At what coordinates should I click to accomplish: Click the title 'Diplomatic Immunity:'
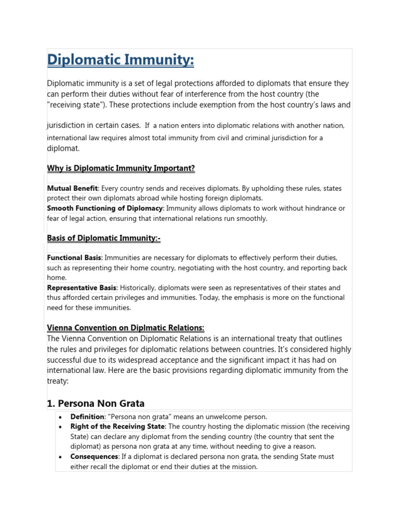pyautogui.click(x=121, y=60)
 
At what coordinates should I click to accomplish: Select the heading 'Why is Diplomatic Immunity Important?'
pyautogui.click(x=121, y=168)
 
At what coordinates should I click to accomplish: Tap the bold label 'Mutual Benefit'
pyautogui.click(x=72, y=188)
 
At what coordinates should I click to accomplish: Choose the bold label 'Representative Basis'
pyautogui.click(x=82, y=288)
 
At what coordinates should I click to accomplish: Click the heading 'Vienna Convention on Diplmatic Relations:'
pyautogui.click(x=126, y=328)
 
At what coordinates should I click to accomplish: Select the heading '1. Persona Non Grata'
pyautogui.click(x=96, y=403)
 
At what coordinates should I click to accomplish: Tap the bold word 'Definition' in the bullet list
pyautogui.click(x=87, y=417)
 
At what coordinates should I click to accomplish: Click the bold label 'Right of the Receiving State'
pyautogui.click(x=117, y=427)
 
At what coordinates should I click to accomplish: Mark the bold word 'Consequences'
pyautogui.click(x=94, y=457)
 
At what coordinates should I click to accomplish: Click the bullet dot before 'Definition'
pyautogui.click(x=61, y=417)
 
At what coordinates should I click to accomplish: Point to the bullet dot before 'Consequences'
pyautogui.click(x=61, y=457)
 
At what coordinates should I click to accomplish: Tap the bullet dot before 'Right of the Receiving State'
pyautogui.click(x=61, y=427)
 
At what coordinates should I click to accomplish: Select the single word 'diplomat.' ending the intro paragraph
pyautogui.click(x=63, y=148)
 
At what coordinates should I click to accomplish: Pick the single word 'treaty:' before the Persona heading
pyautogui.click(x=58, y=381)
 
